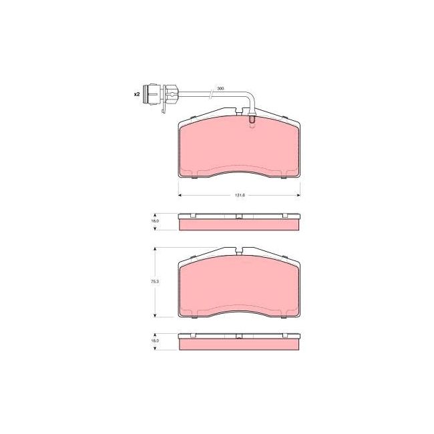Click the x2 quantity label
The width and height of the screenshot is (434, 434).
pyautogui.click(x=136, y=95)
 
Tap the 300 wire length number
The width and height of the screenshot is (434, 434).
pyautogui.click(x=220, y=88)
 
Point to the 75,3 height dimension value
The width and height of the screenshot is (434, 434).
pyautogui.click(x=154, y=282)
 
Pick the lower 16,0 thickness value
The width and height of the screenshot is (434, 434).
pyautogui.click(x=154, y=341)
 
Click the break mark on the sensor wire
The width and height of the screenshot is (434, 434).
pyautogui.click(x=211, y=92)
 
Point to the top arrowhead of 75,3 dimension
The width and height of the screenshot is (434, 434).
pyautogui.click(x=156, y=248)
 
